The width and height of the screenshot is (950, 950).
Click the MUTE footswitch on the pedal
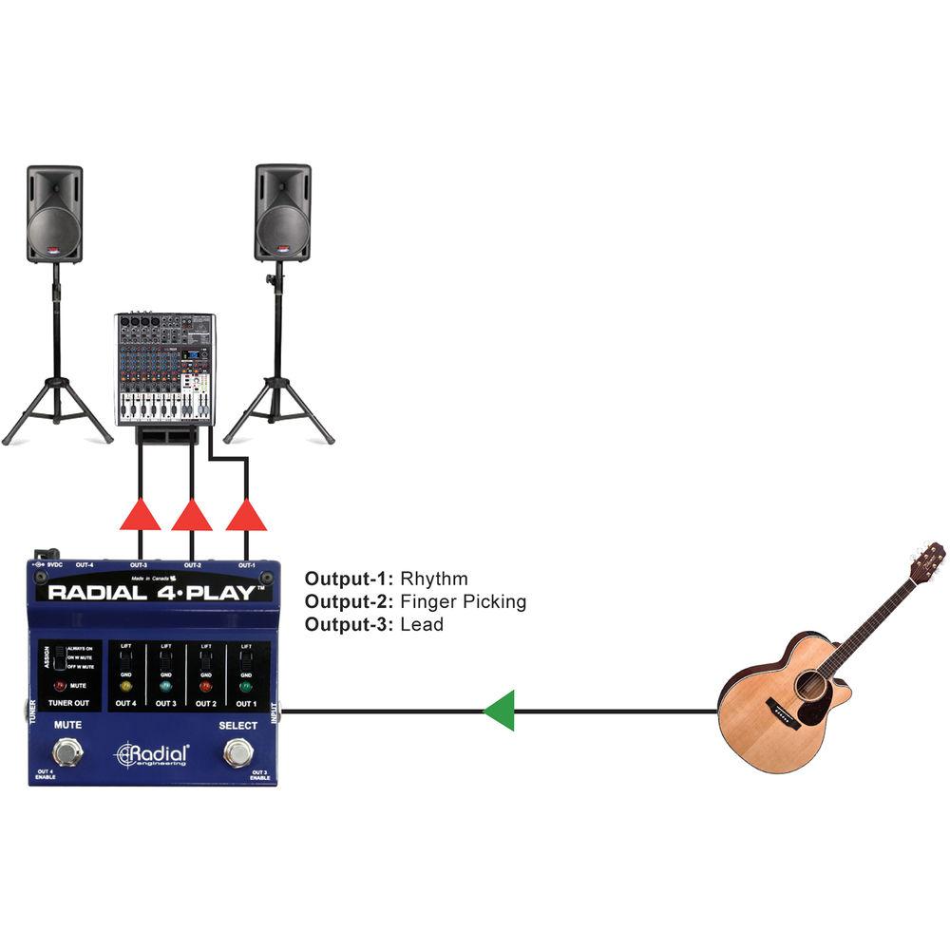pos(66,753)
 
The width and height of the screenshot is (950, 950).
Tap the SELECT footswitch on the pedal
pos(237,753)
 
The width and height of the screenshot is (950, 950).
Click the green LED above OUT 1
pos(245,686)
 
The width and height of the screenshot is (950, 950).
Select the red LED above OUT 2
pos(204,686)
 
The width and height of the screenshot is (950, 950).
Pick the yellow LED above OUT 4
pos(125,686)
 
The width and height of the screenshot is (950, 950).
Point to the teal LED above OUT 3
pos(165,686)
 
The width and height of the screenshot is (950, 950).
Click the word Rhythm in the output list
pos(434,579)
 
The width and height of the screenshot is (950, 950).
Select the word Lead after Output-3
pos(422,624)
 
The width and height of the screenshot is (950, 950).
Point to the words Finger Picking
pos(463,601)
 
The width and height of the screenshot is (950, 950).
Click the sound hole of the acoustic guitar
pos(811,685)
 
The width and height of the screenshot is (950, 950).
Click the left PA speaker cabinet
pos(54,214)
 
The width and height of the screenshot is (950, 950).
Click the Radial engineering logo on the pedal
pos(152,754)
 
